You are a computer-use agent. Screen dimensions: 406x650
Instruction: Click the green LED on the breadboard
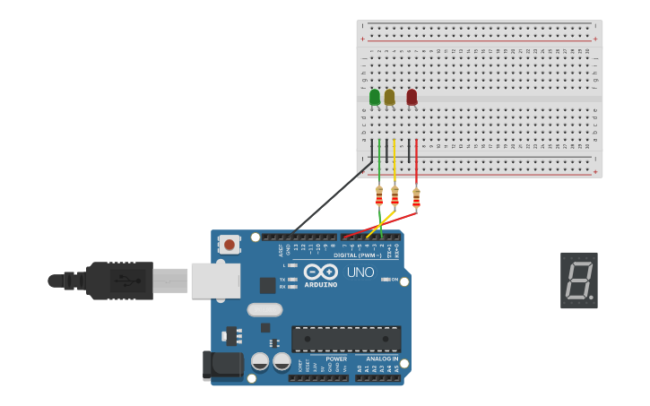click(x=375, y=97)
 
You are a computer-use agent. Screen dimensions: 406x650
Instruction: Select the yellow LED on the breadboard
click(x=389, y=97)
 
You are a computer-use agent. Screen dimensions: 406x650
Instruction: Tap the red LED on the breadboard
click(x=412, y=97)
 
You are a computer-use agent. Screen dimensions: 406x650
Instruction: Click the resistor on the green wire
click(x=379, y=195)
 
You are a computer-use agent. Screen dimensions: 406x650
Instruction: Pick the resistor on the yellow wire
click(x=394, y=195)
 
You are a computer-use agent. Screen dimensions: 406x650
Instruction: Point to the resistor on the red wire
click(x=416, y=196)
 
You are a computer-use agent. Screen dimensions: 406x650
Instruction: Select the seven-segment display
click(x=578, y=281)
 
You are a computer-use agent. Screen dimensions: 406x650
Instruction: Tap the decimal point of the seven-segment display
click(x=591, y=298)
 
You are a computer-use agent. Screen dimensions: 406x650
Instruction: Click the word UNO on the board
click(x=360, y=272)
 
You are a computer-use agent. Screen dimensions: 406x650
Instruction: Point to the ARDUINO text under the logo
click(x=320, y=285)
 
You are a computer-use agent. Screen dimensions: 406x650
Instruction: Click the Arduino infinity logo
click(x=320, y=272)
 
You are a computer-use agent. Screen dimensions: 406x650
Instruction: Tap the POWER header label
click(x=336, y=358)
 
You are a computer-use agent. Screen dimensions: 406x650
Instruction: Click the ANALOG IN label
click(x=384, y=358)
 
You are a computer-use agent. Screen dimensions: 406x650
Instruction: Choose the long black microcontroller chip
click(x=346, y=339)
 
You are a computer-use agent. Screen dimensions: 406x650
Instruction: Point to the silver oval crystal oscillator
click(x=264, y=310)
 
